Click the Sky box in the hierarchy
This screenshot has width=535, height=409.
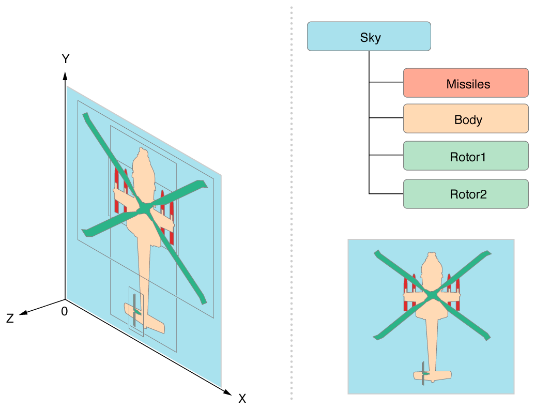[369, 36]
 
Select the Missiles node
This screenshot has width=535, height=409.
[466, 83]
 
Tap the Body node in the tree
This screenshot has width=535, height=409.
[466, 119]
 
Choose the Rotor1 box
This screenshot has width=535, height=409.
[466, 156]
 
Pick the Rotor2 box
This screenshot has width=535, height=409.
[466, 194]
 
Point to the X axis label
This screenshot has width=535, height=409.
[242, 399]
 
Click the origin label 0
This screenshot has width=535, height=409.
[64, 311]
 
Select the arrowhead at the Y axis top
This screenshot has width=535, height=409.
[65, 75]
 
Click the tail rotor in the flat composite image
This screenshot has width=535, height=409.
[423, 373]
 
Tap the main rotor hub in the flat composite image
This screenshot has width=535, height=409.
[432, 295]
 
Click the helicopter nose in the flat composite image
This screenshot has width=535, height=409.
[431, 256]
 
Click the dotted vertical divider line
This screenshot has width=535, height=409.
[292, 207]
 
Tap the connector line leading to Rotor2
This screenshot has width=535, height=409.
[386, 194]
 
